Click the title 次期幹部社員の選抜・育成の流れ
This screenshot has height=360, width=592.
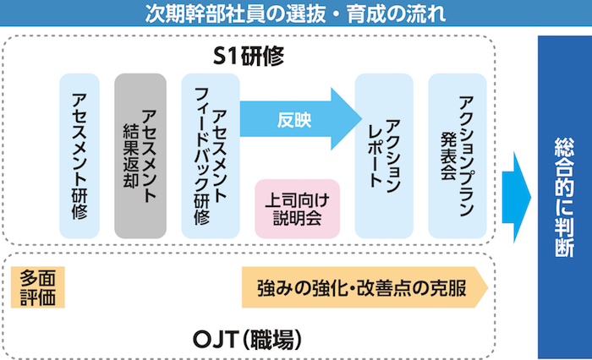(x=296, y=14)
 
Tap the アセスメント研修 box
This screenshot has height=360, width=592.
(x=79, y=156)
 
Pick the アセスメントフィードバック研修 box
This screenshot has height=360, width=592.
(x=209, y=156)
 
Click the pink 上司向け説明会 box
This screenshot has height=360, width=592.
(x=297, y=208)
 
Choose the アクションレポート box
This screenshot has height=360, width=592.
(x=382, y=156)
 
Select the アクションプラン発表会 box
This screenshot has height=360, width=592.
(x=456, y=156)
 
